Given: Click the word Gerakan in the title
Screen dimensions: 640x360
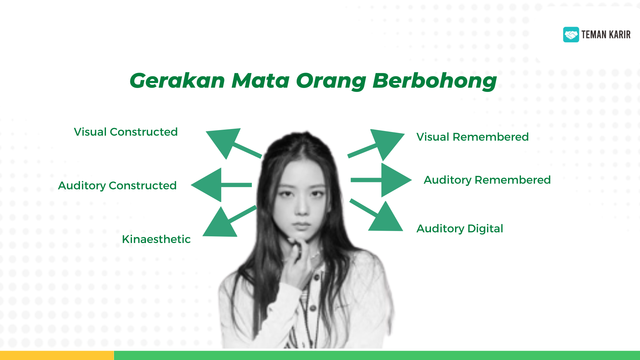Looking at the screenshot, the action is (x=177, y=81).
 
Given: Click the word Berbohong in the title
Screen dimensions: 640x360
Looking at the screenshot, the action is (x=435, y=81).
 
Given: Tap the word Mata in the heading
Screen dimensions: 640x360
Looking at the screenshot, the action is (x=260, y=81).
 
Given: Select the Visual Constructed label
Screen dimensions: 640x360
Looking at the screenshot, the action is (x=126, y=132).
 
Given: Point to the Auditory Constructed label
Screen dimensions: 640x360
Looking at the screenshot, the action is (x=117, y=186).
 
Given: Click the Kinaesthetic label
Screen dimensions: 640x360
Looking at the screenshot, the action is (x=156, y=239).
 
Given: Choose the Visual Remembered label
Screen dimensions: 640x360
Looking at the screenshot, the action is (x=473, y=137).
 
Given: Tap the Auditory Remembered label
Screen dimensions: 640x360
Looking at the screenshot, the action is (x=487, y=180).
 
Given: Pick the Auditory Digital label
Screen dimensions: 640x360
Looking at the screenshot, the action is (x=460, y=229).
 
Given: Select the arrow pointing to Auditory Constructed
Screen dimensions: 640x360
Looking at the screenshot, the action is (x=221, y=185).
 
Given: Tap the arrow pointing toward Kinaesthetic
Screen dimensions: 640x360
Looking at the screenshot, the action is (x=230, y=221).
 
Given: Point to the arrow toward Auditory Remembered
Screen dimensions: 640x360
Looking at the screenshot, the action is (x=381, y=180).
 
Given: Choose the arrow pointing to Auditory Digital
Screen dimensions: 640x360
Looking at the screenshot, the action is (x=376, y=215).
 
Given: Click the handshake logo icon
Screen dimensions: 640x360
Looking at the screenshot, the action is (x=571, y=35).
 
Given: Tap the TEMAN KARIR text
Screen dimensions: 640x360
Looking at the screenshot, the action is (x=606, y=35).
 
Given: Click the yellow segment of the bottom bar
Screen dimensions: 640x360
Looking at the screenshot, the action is (x=57, y=355).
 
